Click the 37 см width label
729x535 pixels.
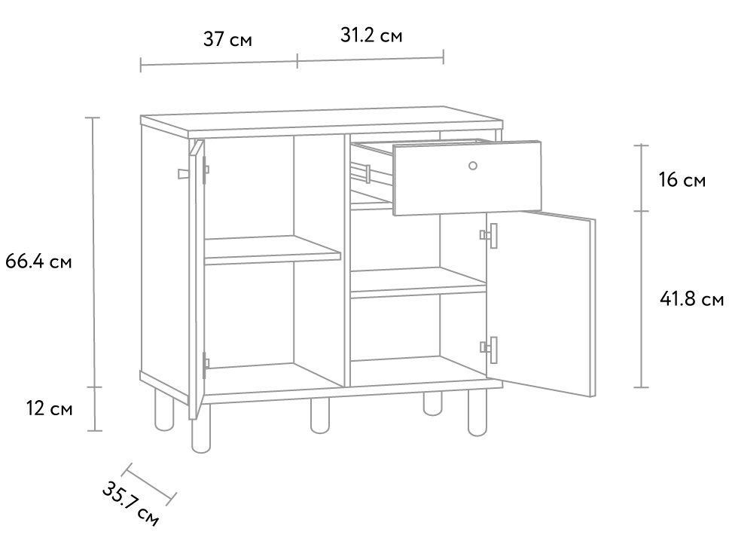tap(227, 39)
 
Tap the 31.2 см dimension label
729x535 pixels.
tap(371, 35)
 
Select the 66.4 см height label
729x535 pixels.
tap(38, 261)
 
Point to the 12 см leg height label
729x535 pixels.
tap(49, 408)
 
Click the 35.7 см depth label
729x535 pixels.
tap(130, 505)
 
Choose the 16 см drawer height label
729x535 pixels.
tap(682, 179)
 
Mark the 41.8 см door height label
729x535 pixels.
tap(692, 298)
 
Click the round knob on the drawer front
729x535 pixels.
tap(472, 166)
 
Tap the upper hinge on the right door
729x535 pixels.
tap(489, 235)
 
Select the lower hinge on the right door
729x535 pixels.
tap(489, 350)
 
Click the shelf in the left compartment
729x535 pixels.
tap(273, 250)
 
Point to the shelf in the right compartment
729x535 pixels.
tap(418, 283)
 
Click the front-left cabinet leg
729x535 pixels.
tap(200, 428)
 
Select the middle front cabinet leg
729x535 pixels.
tap(320, 416)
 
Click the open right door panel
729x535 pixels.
tap(541, 304)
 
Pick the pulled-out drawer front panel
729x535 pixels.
tap(467, 178)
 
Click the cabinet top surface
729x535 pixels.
tap(322, 119)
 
